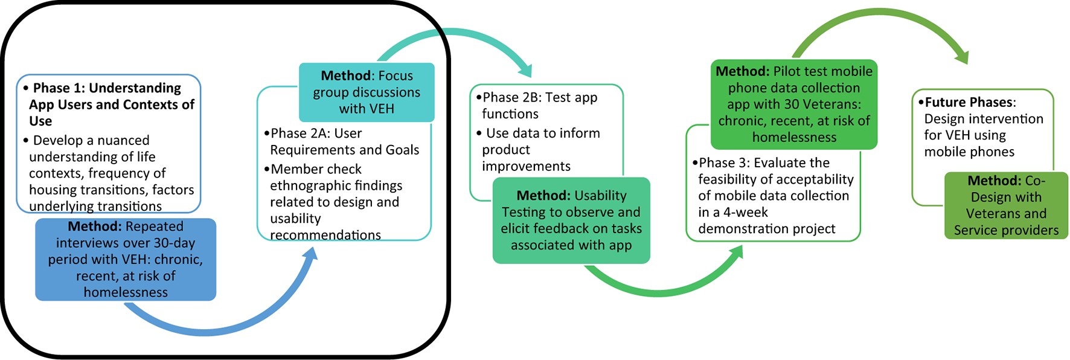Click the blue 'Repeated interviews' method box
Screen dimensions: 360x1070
pyautogui.click(x=126, y=260)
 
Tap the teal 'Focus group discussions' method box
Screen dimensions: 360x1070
pyautogui.click(x=367, y=92)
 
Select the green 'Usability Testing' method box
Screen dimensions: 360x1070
pyautogui.click(x=571, y=220)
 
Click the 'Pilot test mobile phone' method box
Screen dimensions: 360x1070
pyautogui.click(x=794, y=104)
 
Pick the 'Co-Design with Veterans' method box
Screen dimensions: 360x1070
pyautogui.click(x=1006, y=205)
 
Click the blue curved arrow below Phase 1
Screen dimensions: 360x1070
pyautogui.click(x=205, y=329)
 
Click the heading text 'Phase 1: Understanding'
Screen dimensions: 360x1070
pyautogui.click(x=107, y=88)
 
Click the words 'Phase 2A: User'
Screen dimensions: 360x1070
pyautogui.click(x=316, y=133)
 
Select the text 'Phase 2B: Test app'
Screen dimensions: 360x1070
pyautogui.click(x=540, y=98)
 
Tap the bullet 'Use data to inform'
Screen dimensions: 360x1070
pyautogui.click(x=543, y=133)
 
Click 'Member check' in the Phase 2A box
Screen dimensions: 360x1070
pyautogui.click(x=316, y=169)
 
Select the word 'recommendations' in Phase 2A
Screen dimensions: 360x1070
pyautogui.click(x=325, y=235)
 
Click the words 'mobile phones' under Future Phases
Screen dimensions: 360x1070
pyautogui.click(x=969, y=152)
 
